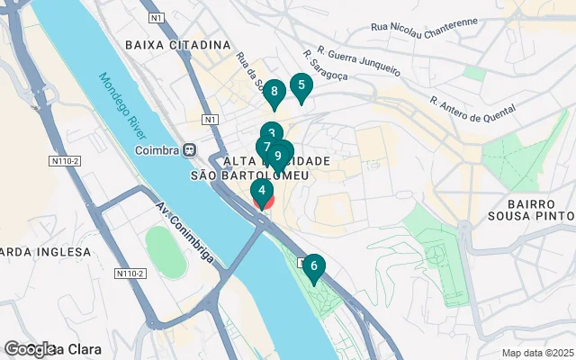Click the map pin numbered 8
[274, 92]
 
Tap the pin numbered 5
[301, 86]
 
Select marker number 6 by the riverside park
[313, 265]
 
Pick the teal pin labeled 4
[261, 191]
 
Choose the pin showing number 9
[279, 155]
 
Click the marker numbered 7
[266, 147]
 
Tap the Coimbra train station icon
[189, 149]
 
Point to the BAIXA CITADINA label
[178, 44]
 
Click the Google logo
[29, 349]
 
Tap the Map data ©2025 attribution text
[537, 353]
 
